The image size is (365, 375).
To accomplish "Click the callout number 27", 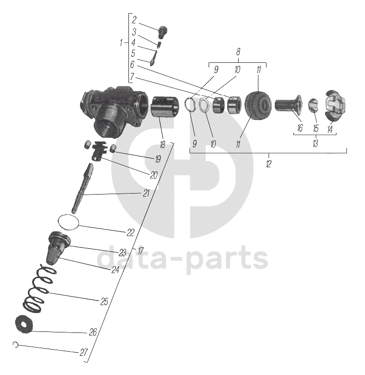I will (84, 352).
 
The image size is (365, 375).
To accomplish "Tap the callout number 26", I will (92, 332).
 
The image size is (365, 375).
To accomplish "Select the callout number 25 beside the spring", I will (104, 302).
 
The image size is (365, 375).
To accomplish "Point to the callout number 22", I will (130, 233).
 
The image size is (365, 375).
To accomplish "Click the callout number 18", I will (162, 145).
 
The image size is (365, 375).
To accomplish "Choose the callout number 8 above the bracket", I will (238, 52).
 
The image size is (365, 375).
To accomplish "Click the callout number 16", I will (300, 129).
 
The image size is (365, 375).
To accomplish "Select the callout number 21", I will (146, 193).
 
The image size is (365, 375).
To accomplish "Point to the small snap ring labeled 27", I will (16, 345).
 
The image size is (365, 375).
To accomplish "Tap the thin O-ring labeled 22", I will (69, 221).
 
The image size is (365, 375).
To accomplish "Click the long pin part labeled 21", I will (83, 188).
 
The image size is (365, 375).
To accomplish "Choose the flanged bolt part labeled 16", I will (288, 105).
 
